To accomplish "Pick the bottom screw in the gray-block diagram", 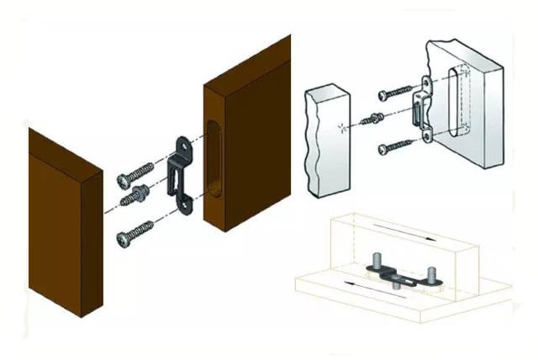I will coord(395,146).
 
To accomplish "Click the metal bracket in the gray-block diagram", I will coord(422,109).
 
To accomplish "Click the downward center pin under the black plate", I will coord(393,287).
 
